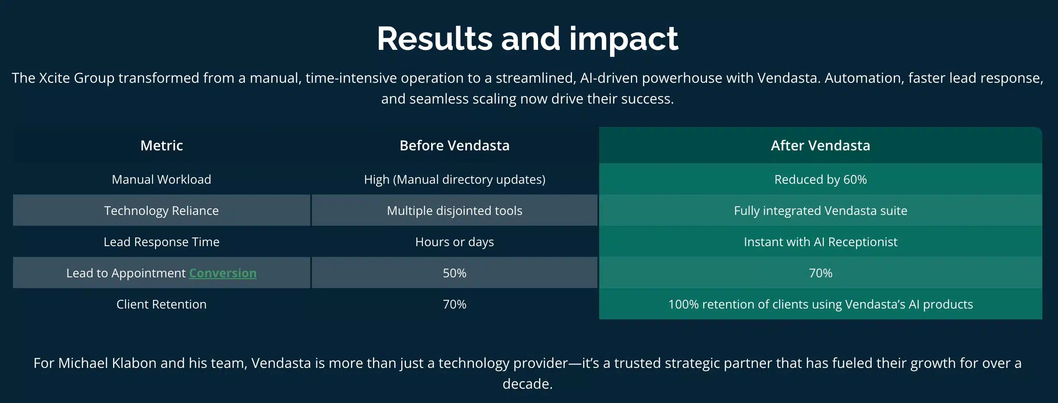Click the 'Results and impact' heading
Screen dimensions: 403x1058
[527, 39]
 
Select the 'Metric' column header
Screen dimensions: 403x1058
[162, 146]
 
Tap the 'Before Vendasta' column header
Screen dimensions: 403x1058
[454, 146]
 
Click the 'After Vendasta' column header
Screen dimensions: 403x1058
[820, 146]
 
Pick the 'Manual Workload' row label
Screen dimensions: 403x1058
[162, 179]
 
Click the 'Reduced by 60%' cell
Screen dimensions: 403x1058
[820, 179]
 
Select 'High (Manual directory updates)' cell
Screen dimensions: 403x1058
[454, 179]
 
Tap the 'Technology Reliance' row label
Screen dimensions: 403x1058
[162, 211]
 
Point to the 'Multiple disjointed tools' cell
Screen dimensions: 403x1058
[454, 211]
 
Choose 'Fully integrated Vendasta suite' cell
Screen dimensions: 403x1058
[820, 211]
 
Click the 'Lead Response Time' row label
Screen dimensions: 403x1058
[162, 242]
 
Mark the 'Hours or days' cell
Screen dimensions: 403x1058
[454, 242]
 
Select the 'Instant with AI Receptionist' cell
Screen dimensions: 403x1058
[820, 242]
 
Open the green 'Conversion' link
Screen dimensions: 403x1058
[223, 273]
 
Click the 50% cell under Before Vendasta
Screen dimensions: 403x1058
[454, 273]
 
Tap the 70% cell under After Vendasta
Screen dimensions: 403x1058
[820, 273]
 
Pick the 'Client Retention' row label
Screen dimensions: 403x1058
[162, 304]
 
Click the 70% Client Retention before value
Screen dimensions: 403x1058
[454, 304]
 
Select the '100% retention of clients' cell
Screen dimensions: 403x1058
[820, 304]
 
